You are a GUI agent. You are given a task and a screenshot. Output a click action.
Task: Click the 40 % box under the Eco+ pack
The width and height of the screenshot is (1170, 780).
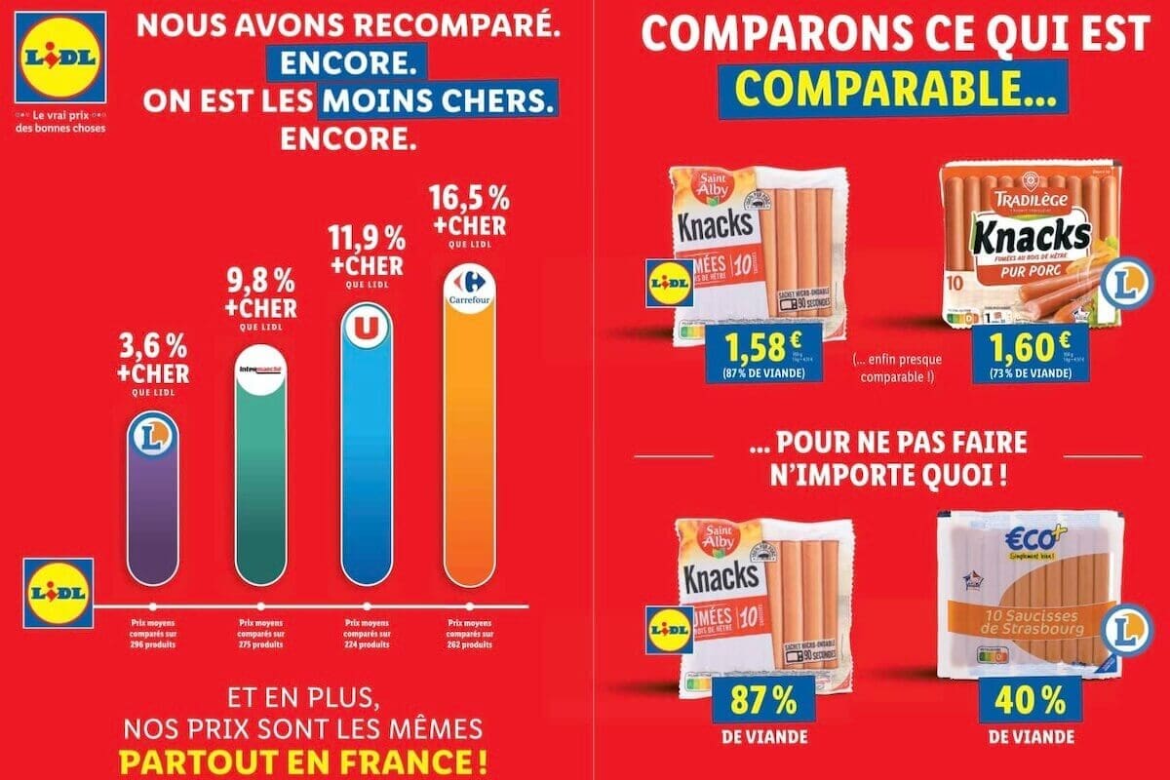click(x=1021, y=703)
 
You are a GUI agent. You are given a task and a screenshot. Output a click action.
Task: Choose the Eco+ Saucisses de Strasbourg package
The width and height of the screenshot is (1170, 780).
click(x=1019, y=595)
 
